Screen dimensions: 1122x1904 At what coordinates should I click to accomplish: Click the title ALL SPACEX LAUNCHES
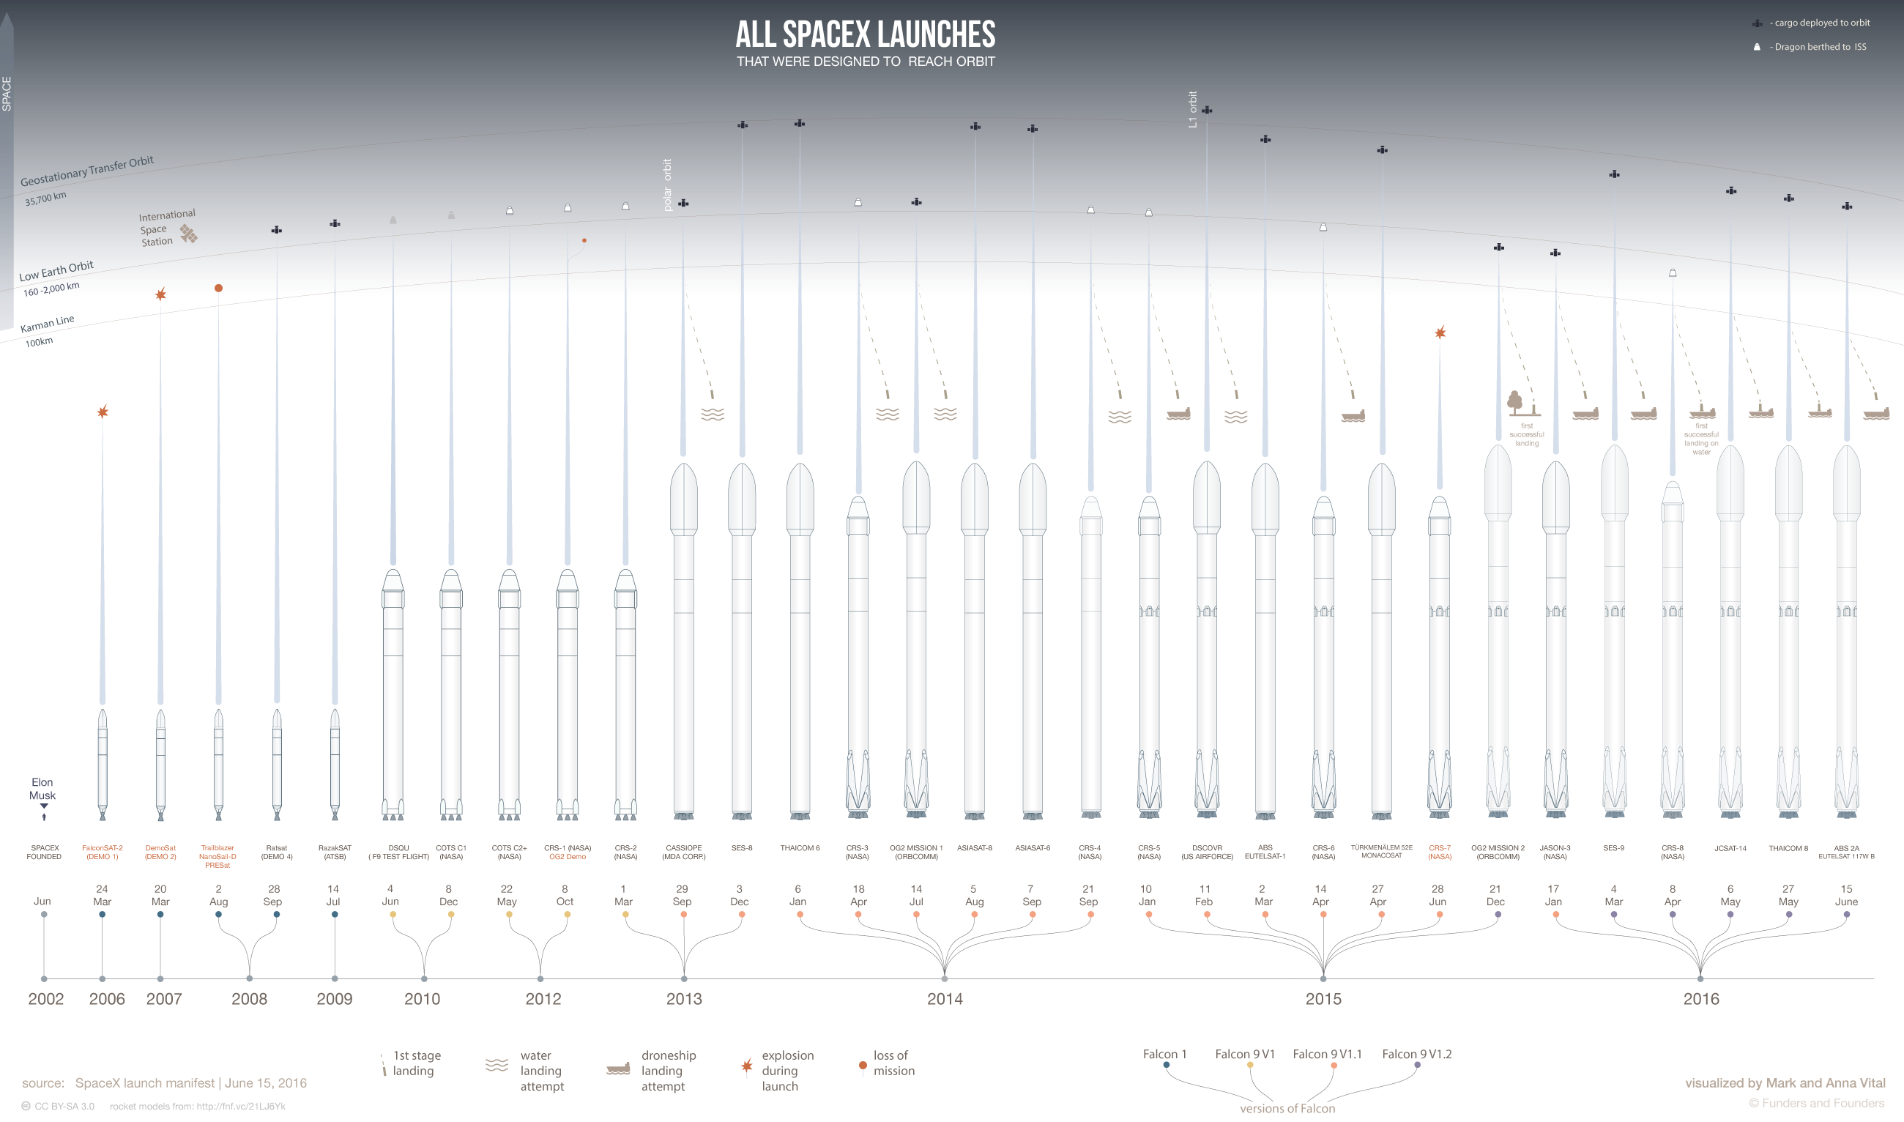coord(865,34)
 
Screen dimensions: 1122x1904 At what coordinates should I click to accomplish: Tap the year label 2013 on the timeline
coord(683,999)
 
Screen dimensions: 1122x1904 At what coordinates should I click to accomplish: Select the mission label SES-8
coord(742,848)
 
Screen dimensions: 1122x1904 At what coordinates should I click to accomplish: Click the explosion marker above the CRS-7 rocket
coord(1440,332)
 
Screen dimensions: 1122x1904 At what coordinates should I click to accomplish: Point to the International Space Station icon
coord(188,234)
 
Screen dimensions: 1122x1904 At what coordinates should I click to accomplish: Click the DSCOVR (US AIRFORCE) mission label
coord(1206,852)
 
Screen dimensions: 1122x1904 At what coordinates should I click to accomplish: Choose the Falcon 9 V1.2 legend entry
coord(1416,1054)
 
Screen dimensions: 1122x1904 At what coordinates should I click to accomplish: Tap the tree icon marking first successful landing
coord(1514,401)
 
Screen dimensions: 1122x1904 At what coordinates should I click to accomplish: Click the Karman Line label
coord(47,324)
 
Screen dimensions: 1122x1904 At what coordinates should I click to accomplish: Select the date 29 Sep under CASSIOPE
coord(682,895)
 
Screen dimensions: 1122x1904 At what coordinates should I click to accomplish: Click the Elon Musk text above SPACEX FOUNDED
coord(42,789)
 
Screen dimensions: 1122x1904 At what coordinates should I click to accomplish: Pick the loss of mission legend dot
coord(863,1066)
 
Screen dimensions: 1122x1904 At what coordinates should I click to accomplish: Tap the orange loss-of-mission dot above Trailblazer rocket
coord(218,288)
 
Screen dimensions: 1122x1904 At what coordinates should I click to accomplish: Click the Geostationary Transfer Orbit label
coord(87,171)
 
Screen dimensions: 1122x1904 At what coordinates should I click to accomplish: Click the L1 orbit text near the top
coord(1193,110)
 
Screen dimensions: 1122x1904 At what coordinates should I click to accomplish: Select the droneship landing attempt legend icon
coord(617,1069)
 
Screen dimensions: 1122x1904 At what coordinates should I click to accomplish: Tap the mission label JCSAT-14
coord(1730,848)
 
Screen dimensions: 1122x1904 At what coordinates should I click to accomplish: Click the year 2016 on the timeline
coord(1700,999)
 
